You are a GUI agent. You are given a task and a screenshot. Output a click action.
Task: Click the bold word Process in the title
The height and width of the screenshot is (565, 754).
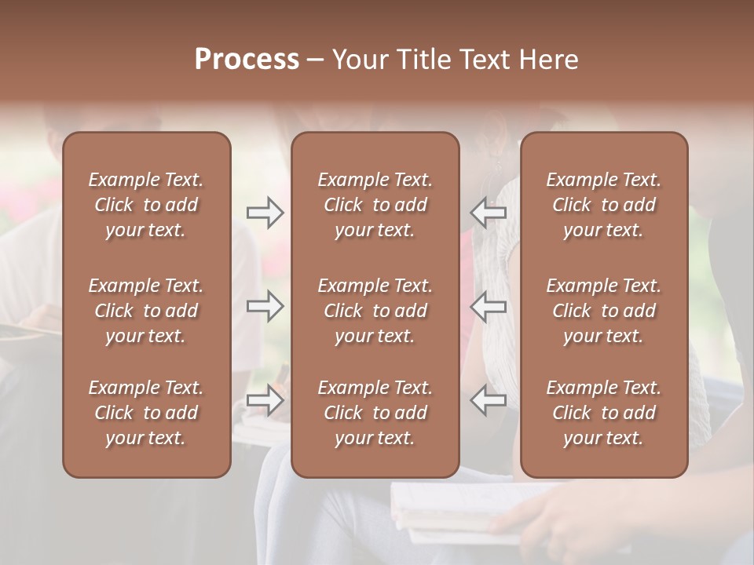tap(247, 60)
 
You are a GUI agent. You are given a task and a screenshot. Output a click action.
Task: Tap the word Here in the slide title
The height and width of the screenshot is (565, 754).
tap(549, 60)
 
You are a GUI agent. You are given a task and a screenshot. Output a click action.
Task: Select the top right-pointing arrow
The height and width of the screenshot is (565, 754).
tap(265, 213)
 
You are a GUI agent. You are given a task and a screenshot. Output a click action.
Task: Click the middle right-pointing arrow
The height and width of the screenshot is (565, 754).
tap(265, 306)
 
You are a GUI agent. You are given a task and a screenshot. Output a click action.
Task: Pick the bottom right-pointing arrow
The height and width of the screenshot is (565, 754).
tap(265, 400)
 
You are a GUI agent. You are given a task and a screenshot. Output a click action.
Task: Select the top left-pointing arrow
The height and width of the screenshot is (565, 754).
tap(489, 213)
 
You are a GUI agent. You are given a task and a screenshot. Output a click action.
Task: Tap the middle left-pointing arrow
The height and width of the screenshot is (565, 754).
tap(489, 306)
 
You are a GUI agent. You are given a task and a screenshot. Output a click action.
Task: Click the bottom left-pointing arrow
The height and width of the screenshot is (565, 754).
tap(489, 400)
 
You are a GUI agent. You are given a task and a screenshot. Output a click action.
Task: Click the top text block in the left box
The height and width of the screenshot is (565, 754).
tap(146, 205)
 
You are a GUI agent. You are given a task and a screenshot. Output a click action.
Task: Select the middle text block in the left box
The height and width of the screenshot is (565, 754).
tap(146, 311)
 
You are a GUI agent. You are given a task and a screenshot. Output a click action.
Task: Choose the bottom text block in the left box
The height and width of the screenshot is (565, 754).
tap(146, 413)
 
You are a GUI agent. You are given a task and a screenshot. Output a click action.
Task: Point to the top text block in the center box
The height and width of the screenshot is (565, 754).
tap(375, 205)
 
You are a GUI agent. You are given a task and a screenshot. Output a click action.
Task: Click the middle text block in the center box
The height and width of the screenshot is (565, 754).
tap(375, 311)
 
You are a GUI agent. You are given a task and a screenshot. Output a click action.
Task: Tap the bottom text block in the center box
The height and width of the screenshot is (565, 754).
tap(375, 413)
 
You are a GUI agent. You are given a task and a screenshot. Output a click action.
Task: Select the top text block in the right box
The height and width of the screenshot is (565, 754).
tap(603, 205)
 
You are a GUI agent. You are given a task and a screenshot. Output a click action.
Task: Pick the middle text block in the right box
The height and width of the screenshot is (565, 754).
tap(603, 311)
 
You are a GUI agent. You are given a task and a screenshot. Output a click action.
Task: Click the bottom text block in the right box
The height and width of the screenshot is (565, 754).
tap(603, 413)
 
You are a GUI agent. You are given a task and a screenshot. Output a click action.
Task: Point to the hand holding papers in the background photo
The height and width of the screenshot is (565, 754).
tap(550, 518)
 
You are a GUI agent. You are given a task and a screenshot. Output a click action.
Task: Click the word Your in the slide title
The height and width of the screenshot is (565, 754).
tap(363, 60)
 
